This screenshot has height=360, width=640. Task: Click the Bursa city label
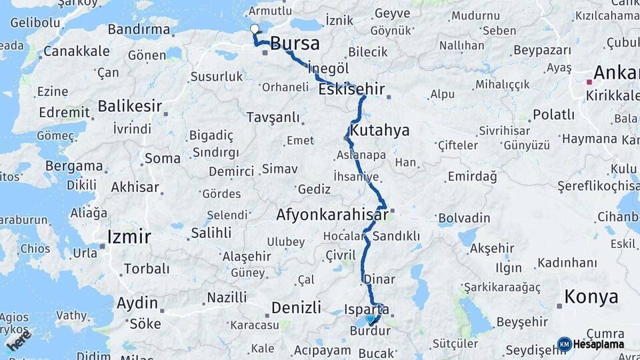click(x=294, y=44)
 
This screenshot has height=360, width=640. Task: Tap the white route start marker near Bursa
click(x=254, y=29)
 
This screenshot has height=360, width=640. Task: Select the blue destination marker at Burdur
click(x=371, y=319)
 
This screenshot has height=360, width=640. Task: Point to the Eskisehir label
click(x=351, y=89)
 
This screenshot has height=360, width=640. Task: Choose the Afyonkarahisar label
click(x=332, y=215)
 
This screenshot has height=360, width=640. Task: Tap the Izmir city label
click(x=129, y=236)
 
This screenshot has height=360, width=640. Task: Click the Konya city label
click(x=591, y=296)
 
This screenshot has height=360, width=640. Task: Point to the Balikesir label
click(x=130, y=105)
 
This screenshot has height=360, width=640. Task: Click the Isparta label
click(x=367, y=309)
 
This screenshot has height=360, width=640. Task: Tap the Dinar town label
click(x=379, y=279)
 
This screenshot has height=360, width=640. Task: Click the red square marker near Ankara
click(x=589, y=82)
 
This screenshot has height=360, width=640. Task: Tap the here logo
click(x=18, y=340)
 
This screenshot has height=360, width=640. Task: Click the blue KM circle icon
click(x=564, y=344)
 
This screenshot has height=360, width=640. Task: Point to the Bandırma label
click(x=139, y=29)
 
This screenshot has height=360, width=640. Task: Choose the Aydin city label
click(x=137, y=303)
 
